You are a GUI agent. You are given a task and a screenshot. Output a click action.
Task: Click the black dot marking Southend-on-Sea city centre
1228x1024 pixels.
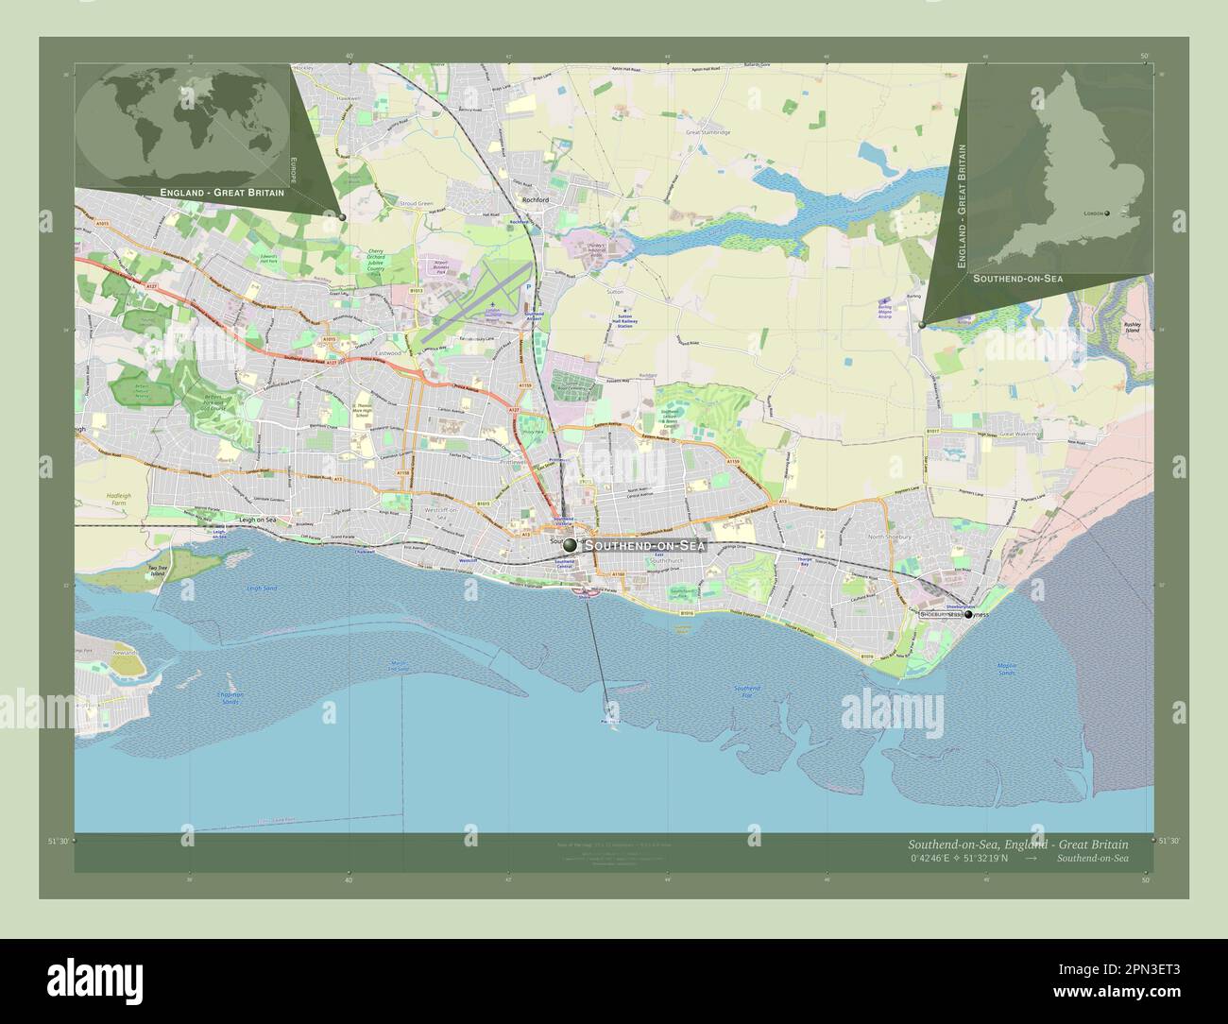[569, 545]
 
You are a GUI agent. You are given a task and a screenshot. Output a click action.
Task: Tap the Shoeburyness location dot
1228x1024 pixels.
[967, 614]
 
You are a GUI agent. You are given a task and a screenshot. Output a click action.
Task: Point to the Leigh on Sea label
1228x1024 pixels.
[256, 521]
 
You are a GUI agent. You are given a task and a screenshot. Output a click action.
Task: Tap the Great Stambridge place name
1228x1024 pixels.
[708, 133]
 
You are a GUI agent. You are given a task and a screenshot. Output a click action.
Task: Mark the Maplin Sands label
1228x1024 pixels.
[1005, 669]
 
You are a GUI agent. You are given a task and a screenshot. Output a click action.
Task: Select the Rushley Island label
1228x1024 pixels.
[1133, 327]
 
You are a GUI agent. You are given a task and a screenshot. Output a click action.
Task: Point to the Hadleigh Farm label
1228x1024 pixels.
[118, 499]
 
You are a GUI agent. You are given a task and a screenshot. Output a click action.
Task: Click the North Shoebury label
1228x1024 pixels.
[889, 537]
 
